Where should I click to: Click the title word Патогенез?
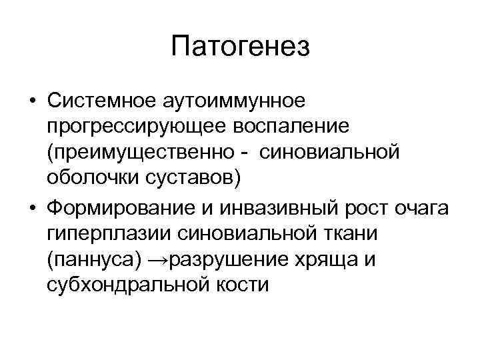[x=240, y=47]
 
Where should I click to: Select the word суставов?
[x=190, y=178]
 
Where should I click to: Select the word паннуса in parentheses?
[x=89, y=259]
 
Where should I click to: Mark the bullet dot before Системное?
[x=32, y=102]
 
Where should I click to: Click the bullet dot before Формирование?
[x=32, y=208]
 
